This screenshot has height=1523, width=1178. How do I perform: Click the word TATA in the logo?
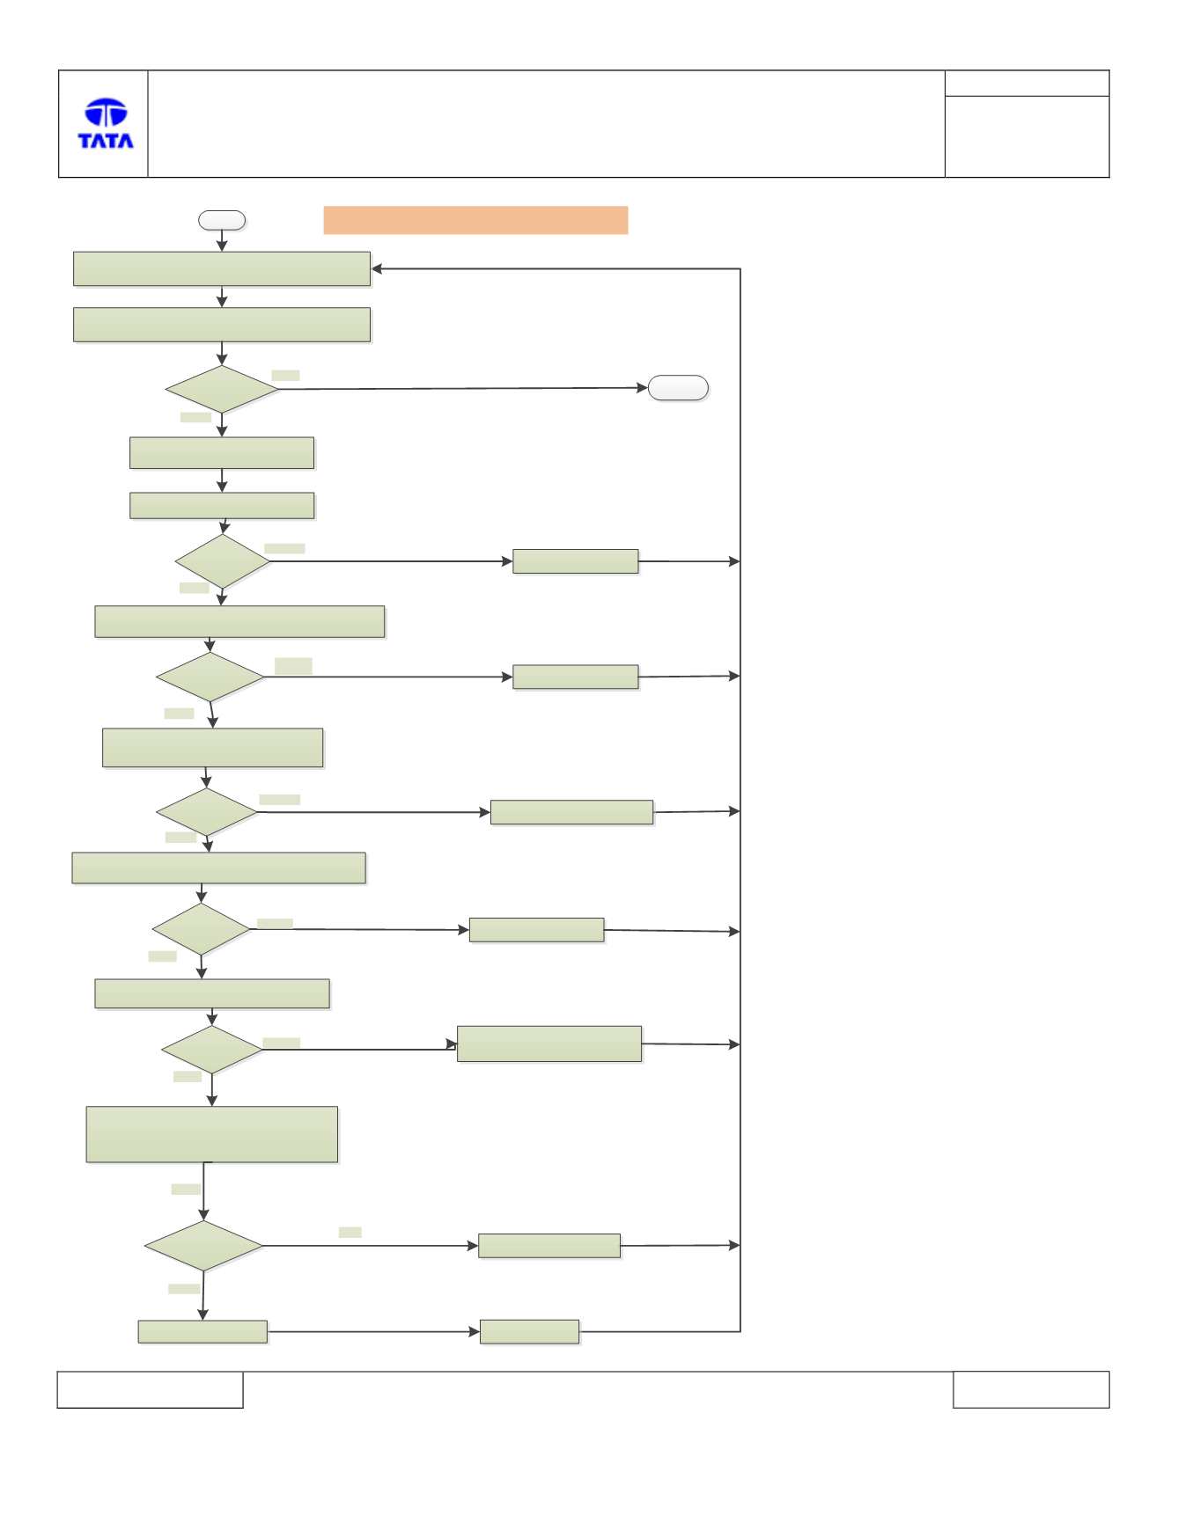point(106,141)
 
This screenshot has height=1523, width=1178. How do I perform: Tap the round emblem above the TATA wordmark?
point(106,113)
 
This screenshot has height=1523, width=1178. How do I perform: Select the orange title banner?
point(475,220)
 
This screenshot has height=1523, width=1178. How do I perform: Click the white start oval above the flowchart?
point(222,220)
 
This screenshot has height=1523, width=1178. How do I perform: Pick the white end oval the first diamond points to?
point(678,388)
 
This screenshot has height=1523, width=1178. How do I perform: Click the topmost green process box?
point(222,269)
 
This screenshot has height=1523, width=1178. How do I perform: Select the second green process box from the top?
point(222,325)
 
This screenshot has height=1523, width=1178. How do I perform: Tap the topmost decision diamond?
point(222,389)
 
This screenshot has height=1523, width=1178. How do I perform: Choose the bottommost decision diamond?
point(203,1246)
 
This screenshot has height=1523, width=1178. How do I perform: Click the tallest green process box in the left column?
point(212,1134)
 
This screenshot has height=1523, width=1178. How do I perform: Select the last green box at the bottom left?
point(202,1332)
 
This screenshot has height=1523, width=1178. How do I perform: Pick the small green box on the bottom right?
point(529,1332)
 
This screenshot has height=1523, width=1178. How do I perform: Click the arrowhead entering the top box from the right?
point(377,268)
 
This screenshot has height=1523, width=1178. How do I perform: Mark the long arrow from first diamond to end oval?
point(463,388)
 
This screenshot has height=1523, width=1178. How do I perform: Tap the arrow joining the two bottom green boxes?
point(373,1332)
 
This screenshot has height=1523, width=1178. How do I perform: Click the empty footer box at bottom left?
point(150,1389)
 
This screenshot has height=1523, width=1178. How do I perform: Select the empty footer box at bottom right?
point(1031,1389)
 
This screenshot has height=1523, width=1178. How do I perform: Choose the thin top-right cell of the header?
point(1027,84)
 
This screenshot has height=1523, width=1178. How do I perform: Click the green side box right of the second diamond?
point(576,561)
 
